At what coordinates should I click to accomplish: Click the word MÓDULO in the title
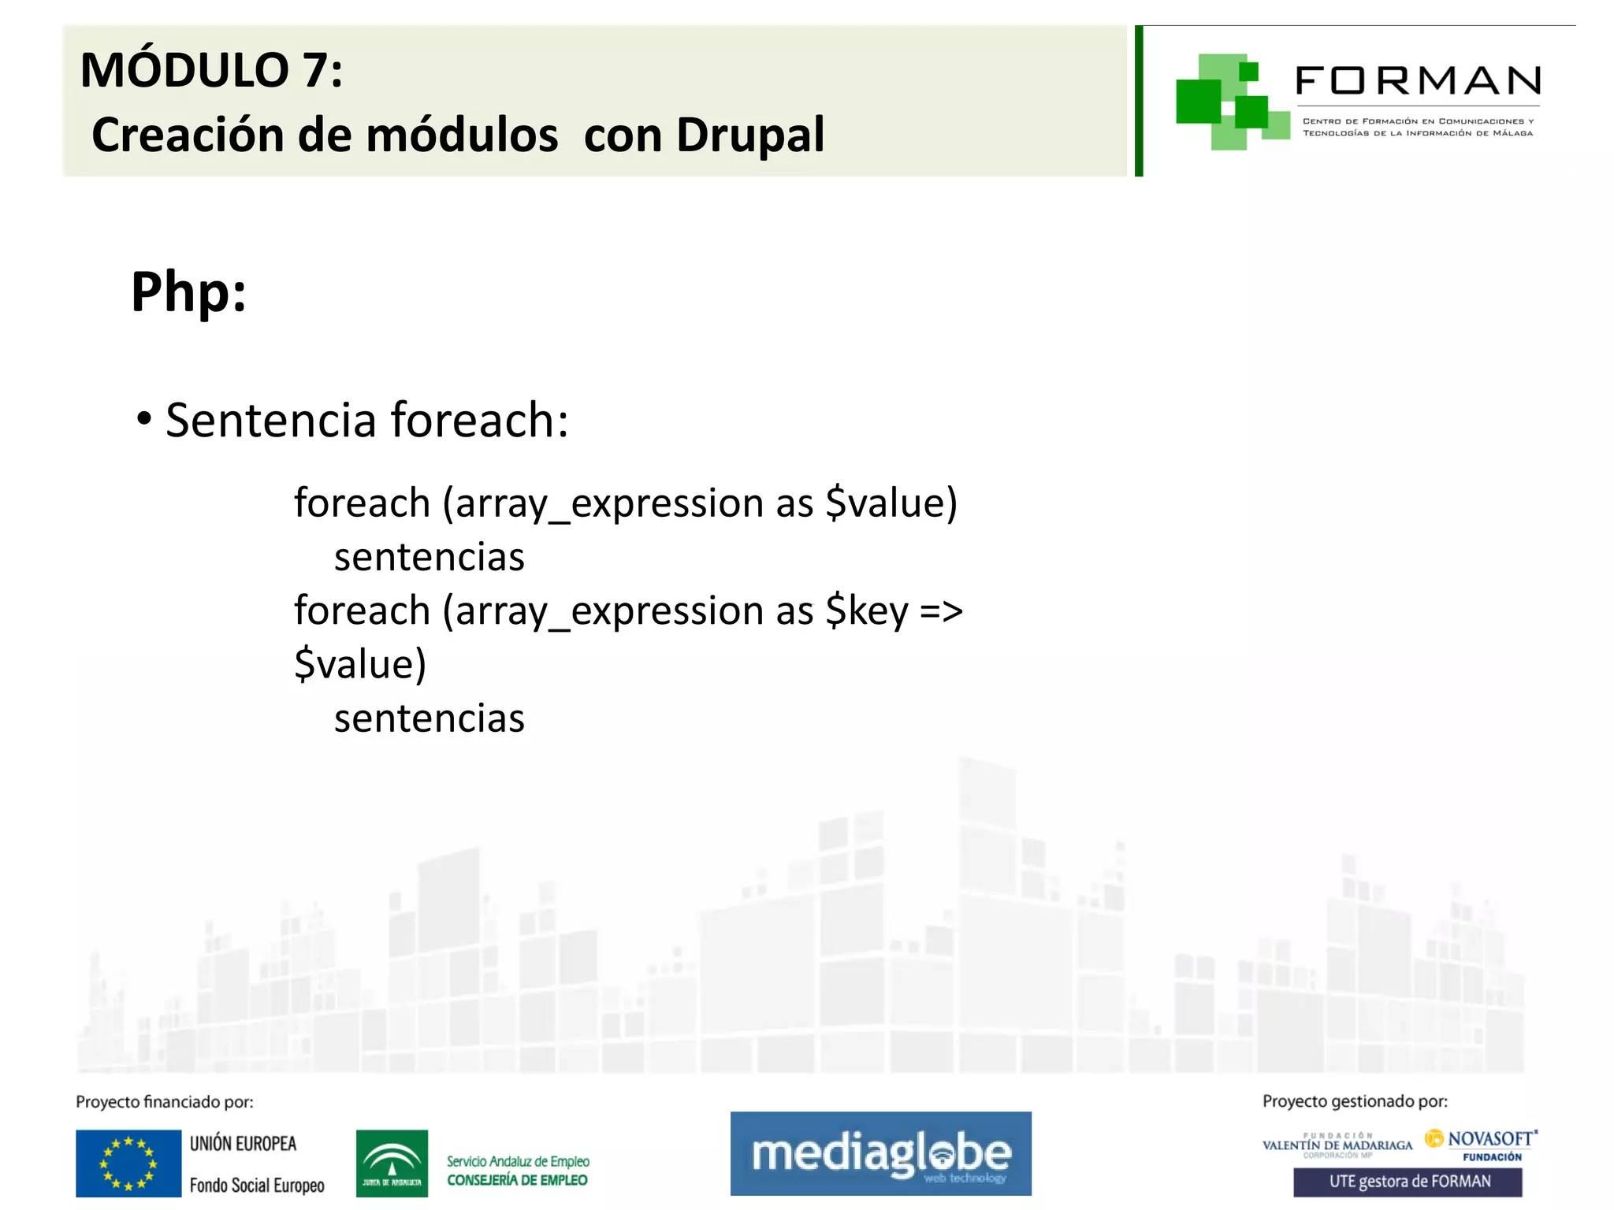coord(184,71)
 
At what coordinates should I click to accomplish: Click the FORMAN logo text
coord(1417,81)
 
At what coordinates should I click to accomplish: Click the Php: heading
coord(188,292)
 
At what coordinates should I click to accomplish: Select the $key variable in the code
coord(867,611)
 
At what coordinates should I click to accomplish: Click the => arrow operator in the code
coord(941,611)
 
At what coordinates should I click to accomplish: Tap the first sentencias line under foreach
coord(429,558)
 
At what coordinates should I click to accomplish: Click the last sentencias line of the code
coord(429,718)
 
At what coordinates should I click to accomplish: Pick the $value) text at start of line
coord(360,664)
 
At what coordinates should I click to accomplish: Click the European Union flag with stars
coord(128,1163)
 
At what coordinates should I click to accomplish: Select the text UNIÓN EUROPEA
coord(243,1144)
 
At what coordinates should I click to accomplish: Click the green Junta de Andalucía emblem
coord(392,1163)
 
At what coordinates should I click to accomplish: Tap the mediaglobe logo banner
coord(880,1153)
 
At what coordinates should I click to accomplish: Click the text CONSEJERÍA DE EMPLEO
coord(517,1180)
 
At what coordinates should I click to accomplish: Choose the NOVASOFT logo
coord(1482,1140)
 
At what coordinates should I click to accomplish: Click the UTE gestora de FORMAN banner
coord(1408,1182)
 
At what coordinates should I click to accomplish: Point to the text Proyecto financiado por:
coord(165,1102)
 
